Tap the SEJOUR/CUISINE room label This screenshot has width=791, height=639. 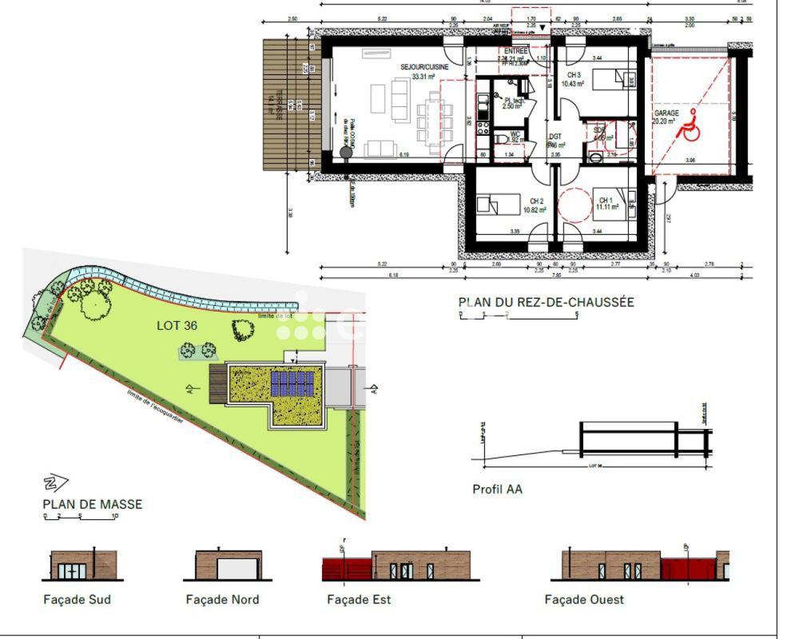[424, 68]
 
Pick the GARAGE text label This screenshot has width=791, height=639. [666, 113]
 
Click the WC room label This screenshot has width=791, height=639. [515, 134]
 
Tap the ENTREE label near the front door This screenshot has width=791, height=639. [515, 51]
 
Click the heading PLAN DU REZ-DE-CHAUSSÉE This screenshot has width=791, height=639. [546, 303]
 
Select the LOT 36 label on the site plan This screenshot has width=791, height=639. [177, 325]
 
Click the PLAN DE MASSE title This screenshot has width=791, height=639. [92, 504]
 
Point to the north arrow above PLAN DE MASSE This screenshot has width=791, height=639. [56, 482]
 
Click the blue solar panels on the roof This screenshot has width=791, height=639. [292, 383]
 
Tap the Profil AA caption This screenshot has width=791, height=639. [497, 489]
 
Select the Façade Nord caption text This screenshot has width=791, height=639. [222, 599]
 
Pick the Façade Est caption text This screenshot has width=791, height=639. [359, 599]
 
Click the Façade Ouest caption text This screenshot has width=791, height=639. [584, 599]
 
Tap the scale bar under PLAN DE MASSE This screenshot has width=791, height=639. [80, 517]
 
